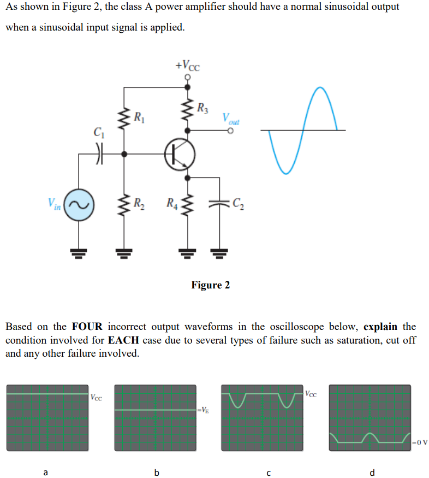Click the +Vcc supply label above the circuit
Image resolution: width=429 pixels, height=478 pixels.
click(188, 66)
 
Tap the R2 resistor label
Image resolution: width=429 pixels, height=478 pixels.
click(140, 205)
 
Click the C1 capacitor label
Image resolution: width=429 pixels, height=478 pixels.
click(99, 132)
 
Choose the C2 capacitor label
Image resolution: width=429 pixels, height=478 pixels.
click(238, 205)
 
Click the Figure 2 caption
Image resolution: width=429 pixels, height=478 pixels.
click(210, 285)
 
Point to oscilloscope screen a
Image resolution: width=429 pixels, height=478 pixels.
click(47, 417)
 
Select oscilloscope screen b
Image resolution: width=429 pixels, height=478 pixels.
click(155, 417)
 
